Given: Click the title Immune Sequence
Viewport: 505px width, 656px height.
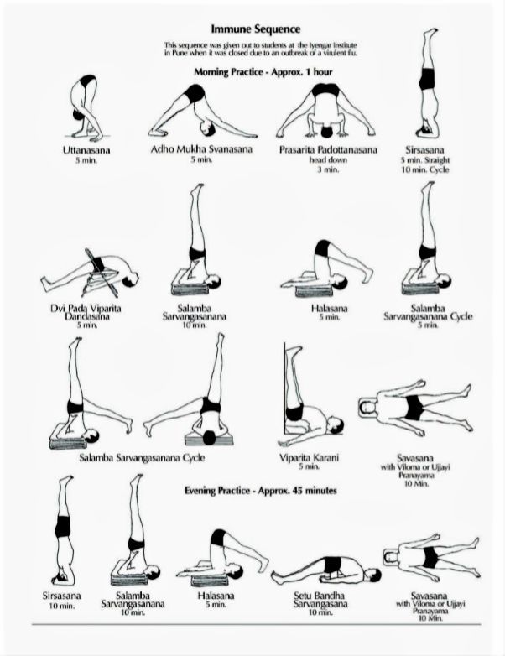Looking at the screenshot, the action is tap(255, 29).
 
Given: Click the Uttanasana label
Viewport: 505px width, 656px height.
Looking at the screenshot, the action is tap(86, 150).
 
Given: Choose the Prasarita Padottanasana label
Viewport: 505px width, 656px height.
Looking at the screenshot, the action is tap(329, 149).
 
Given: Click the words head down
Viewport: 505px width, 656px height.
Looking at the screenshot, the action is tap(329, 160).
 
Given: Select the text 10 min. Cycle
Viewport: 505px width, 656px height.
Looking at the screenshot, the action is tap(425, 169).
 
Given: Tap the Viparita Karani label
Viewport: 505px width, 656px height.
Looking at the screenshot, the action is tap(309, 457).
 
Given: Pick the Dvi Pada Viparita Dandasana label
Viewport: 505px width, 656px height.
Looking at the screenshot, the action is tap(86, 312).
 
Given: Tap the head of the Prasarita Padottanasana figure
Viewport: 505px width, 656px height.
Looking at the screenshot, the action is tap(327, 132).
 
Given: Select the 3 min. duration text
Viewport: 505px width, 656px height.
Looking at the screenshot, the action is tap(329, 169).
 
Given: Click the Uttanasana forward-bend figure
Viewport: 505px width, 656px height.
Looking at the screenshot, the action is tap(86, 108).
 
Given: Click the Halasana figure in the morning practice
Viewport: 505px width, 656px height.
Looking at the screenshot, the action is tap(327, 268).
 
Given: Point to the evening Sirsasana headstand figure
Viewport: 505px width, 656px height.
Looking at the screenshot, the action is tap(64, 530).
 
